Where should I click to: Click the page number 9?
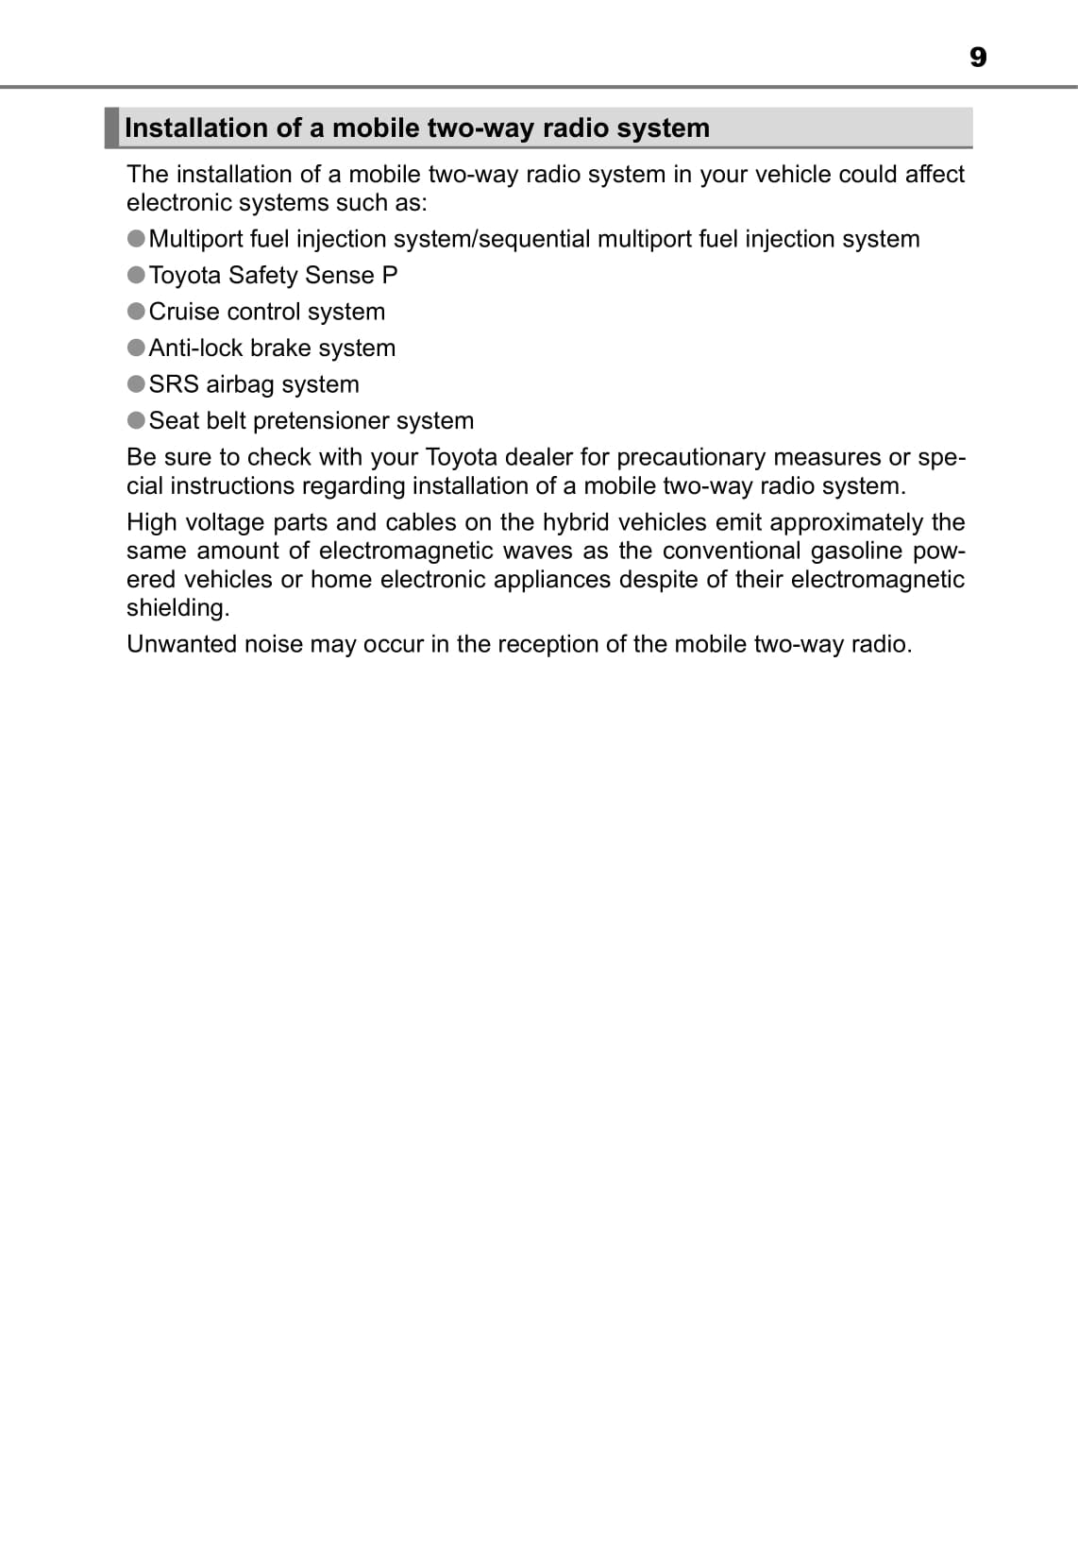click(978, 58)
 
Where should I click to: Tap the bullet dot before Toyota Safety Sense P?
click(136, 275)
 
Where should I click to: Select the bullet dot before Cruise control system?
click(136, 312)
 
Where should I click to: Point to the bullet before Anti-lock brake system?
click(136, 348)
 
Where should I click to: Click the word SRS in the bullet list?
click(174, 384)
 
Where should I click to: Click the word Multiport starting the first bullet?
click(195, 239)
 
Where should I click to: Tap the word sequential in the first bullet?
click(534, 239)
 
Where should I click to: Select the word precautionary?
click(691, 457)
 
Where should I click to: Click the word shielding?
click(177, 608)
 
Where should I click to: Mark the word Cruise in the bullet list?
click(184, 312)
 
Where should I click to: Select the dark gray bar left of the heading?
click(111, 127)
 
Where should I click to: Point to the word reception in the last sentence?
click(547, 644)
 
